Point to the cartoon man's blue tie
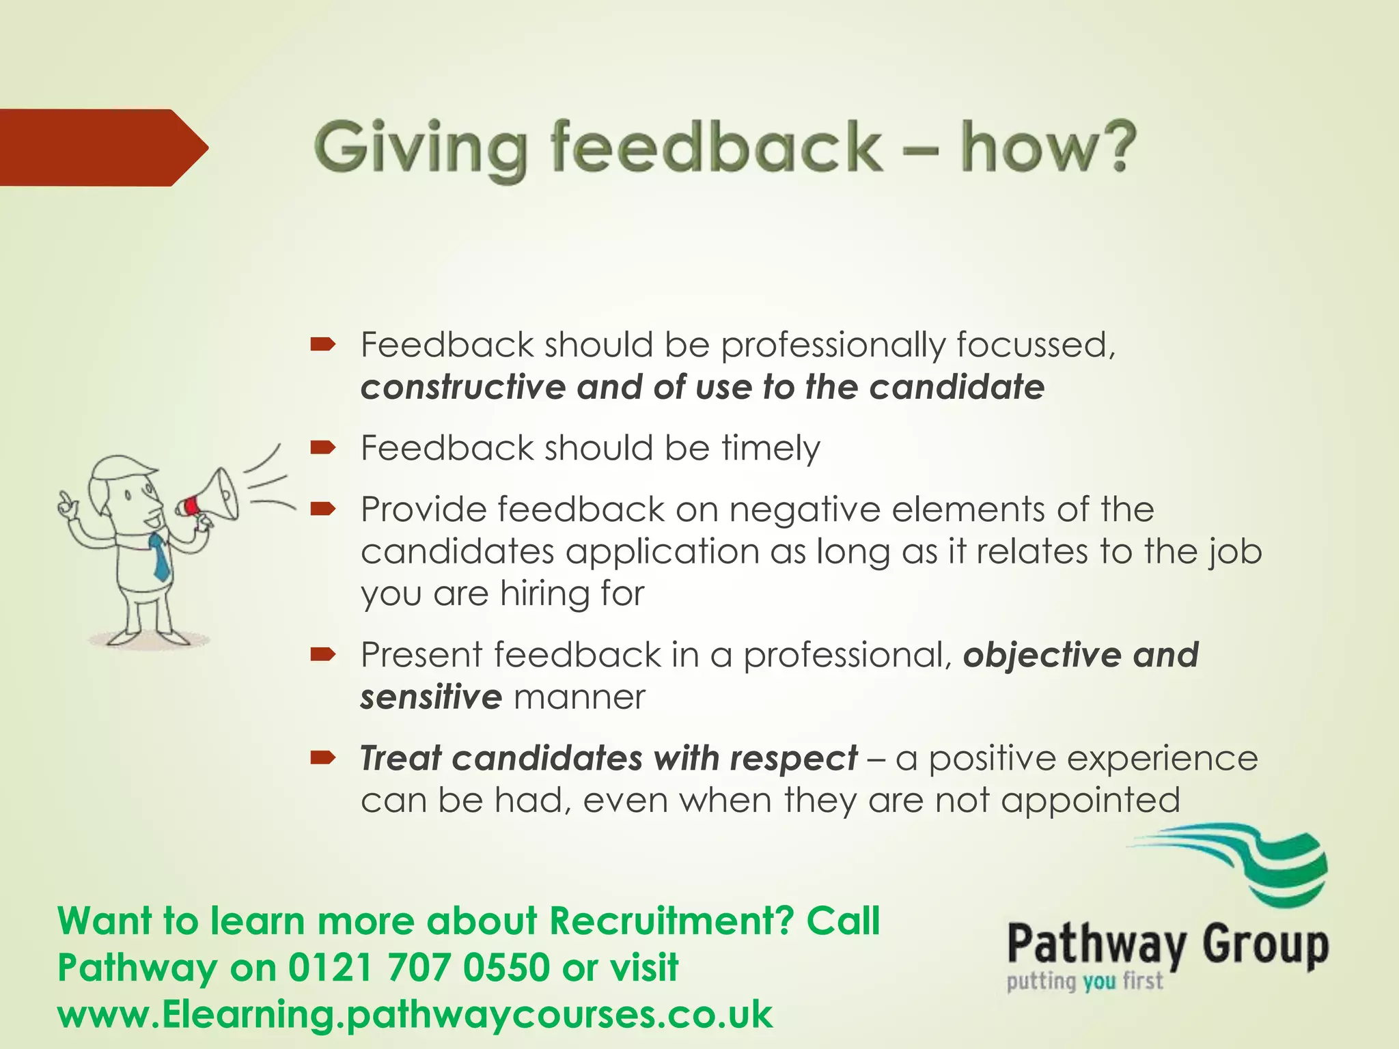point(160,557)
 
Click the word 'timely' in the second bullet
point(771,449)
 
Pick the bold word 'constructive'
point(463,387)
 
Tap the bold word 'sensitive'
point(431,697)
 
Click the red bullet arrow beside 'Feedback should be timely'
point(322,448)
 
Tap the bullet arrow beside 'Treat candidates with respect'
point(322,757)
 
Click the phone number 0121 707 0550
point(419,968)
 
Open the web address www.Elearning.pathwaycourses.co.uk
point(415,1014)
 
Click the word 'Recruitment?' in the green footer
point(671,921)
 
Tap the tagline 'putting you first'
point(1084,981)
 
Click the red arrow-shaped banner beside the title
point(96,148)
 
